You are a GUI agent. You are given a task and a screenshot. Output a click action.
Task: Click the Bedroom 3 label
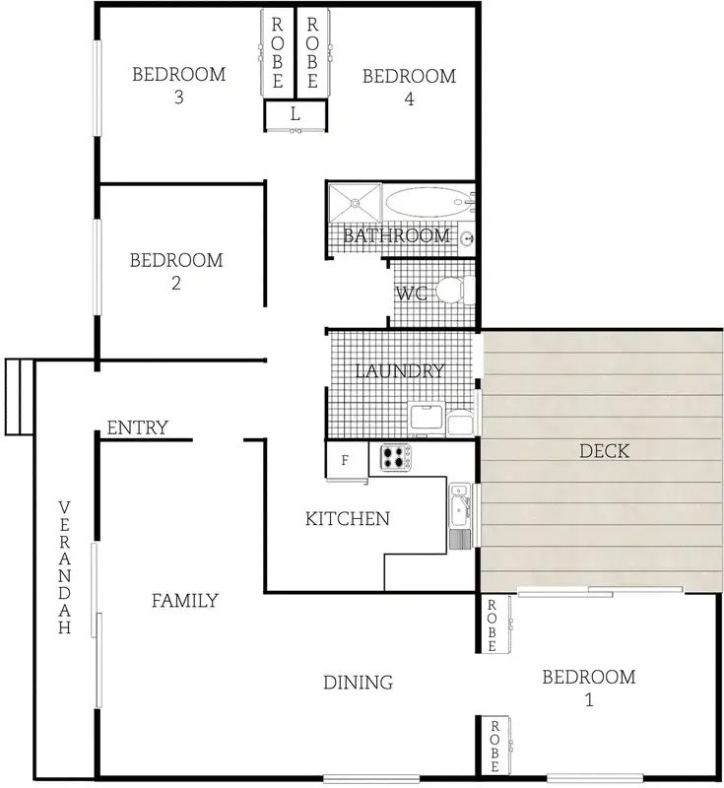click(179, 86)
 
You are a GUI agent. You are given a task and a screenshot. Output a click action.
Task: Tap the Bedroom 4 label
click(409, 87)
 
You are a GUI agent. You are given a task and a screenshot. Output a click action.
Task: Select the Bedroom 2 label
click(176, 271)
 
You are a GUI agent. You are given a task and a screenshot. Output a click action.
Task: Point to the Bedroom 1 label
click(589, 689)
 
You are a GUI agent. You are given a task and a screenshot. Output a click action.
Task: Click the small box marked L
click(295, 115)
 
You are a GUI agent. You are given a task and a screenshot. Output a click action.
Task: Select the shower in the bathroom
click(353, 204)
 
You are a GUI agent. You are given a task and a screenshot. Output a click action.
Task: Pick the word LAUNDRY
click(399, 371)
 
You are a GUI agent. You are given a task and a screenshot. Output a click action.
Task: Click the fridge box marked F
click(345, 459)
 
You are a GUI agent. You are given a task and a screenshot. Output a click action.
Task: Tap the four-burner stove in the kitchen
click(395, 457)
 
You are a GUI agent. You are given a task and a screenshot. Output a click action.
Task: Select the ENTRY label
click(137, 427)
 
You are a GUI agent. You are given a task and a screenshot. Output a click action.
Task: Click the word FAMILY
click(184, 600)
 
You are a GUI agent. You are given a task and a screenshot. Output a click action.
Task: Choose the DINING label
click(359, 682)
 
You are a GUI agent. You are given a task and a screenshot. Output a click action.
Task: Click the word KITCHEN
click(348, 518)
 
